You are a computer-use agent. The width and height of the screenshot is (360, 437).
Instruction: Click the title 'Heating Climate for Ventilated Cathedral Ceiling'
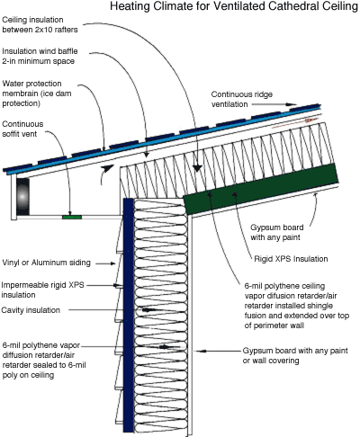point(234,6)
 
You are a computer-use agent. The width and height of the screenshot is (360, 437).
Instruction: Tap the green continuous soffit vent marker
point(72,217)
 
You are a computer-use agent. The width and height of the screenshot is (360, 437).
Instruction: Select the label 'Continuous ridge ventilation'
point(242,99)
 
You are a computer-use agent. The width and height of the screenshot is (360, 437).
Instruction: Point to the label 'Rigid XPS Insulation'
point(291,259)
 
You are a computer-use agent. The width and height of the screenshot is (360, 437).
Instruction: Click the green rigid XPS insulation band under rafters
point(261,189)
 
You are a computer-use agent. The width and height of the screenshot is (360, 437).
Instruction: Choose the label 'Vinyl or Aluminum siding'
point(46,263)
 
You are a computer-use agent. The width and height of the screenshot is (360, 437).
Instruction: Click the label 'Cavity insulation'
point(31,310)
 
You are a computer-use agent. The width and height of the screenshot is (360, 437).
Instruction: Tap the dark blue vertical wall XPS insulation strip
point(129,315)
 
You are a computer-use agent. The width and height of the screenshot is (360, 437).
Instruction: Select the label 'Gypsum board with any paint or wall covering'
point(295,355)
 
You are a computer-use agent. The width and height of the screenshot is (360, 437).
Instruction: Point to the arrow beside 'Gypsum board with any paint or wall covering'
point(217,351)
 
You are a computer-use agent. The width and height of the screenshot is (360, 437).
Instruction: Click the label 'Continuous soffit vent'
point(22,129)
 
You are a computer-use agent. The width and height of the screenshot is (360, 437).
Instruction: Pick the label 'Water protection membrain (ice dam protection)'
point(37,94)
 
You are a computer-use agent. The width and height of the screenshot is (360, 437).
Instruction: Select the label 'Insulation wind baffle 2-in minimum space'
point(40,56)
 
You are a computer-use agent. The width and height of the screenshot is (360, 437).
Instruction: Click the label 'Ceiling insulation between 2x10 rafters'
point(40,24)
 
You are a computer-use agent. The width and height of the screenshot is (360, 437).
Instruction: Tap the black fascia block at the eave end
point(22,197)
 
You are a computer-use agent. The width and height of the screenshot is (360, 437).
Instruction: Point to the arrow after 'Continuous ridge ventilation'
point(274,104)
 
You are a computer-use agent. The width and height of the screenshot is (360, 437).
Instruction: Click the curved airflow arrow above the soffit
point(105,174)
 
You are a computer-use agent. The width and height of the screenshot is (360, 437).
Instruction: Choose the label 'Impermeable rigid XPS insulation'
point(42,290)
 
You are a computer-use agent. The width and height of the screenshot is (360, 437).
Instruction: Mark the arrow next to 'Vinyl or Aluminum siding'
point(105,263)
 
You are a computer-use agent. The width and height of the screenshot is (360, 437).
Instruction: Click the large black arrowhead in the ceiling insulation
point(197,168)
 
